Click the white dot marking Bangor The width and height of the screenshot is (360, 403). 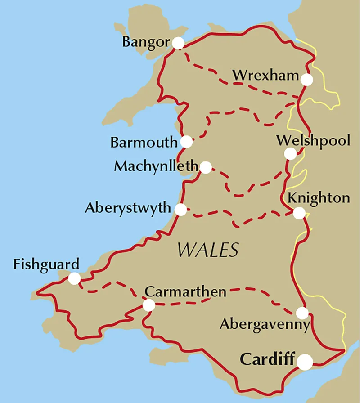pos(178,43)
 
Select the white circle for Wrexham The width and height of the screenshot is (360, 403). pos(307,80)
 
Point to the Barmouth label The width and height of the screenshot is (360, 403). pos(144,143)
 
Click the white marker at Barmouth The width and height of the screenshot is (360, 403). pos(186,142)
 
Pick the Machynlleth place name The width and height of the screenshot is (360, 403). pos(156,166)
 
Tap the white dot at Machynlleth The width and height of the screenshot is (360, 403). pos(206,168)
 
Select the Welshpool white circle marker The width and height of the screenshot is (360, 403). pos(291,154)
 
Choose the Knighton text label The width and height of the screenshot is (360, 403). pos(318,198)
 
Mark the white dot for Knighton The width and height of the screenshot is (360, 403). pos(299,213)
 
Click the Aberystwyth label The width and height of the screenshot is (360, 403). pos(128,209)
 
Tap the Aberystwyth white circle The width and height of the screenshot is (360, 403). pos(181,210)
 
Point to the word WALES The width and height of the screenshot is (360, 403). pos(207,249)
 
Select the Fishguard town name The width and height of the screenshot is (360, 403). pos(46,264)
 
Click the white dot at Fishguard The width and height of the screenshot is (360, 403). pos(74,279)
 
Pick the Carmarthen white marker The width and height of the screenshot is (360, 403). pos(148,306)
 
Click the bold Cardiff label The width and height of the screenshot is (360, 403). pos(267,360)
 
